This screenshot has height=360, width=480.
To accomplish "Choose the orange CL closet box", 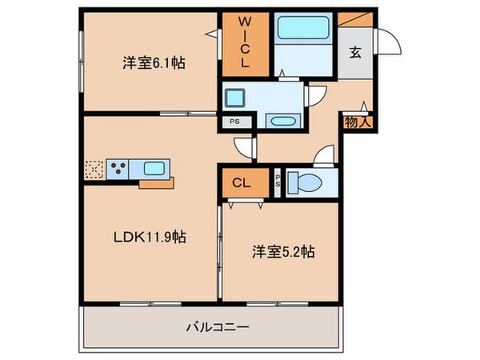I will coord(242,182).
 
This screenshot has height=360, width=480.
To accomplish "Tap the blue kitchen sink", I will coord(154,169).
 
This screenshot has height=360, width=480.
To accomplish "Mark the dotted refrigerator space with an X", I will coord(94,169).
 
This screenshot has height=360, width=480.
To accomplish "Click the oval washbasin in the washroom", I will coord(282,122).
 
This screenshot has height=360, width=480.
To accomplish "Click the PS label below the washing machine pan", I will coord(234,122).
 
